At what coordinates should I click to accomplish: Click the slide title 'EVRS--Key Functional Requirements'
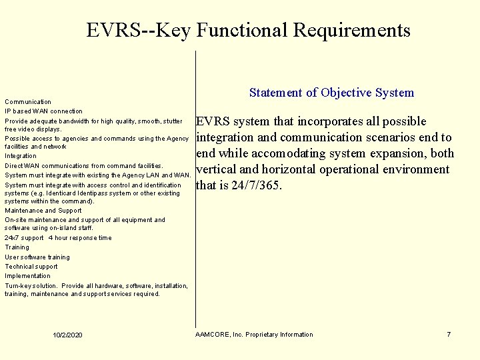coord(248,30)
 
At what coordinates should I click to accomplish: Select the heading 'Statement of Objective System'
coord(331,93)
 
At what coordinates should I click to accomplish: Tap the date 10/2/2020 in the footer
coord(68,334)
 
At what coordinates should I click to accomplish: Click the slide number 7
coord(449,334)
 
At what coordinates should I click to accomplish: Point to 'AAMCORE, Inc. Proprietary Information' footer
coord(254,334)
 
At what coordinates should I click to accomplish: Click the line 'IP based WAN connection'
coord(44,111)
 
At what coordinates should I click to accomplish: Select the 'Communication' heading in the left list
coord(28,102)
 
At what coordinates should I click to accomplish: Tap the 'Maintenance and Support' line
coord(43,211)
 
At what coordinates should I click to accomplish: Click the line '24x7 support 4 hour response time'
coord(58,238)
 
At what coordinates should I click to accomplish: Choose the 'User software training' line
coord(37,257)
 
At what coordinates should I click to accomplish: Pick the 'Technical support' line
coord(31,267)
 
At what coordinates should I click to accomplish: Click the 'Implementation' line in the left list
coord(27,276)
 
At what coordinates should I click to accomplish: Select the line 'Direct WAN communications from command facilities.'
coord(83,165)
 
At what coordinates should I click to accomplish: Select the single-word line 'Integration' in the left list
coord(21,156)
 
